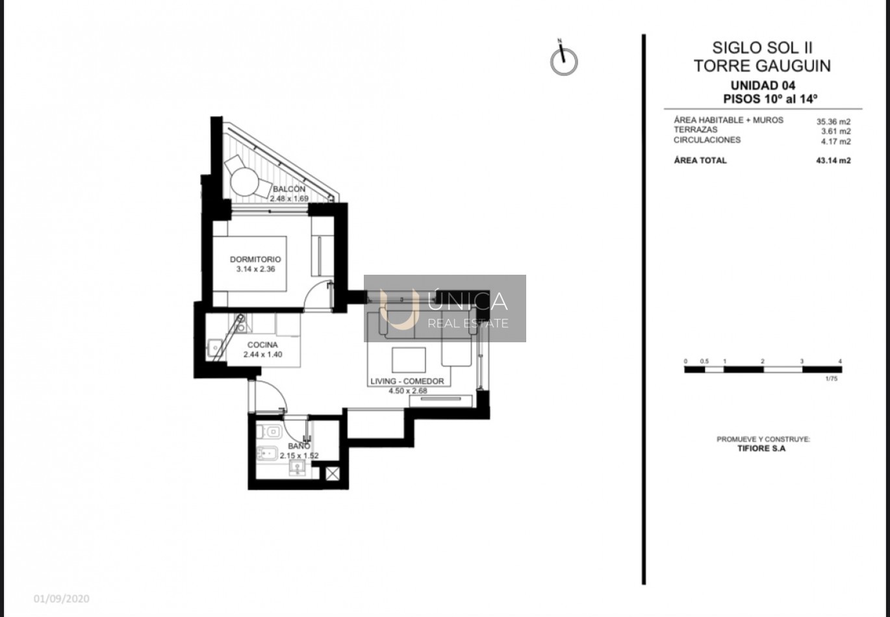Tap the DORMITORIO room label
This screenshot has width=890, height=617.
[255, 259]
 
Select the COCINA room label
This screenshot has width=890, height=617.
[262, 345]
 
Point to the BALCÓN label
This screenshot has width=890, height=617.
[289, 189]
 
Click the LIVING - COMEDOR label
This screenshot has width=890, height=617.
[407, 381]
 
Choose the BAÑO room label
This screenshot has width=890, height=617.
[299, 446]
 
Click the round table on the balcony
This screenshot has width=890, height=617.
[245, 181]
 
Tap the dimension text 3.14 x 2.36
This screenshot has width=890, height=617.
[255, 269]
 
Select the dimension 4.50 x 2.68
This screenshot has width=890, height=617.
[408, 391]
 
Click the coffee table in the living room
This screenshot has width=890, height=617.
[409, 360]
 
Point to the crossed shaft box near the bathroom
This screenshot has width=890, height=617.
[333, 473]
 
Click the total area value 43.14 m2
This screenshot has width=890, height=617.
[833, 160]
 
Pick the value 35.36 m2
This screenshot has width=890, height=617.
[833, 121]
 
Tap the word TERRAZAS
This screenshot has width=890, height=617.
[695, 129]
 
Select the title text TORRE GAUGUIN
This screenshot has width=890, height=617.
[762, 66]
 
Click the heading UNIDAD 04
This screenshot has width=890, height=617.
[763, 86]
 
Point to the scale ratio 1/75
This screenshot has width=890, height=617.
[831, 379]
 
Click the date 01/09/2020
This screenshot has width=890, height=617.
[62, 599]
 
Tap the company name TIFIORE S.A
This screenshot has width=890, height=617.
[761, 449]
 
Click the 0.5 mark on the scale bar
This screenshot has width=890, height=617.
[704, 362]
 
